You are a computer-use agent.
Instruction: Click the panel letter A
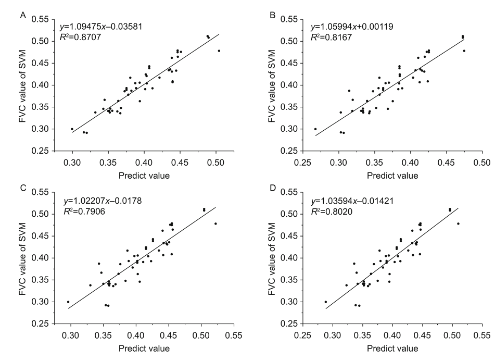pos(23,15)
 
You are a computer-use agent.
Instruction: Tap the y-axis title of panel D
pos(272,258)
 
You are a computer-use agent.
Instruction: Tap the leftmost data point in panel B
pos(315,129)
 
